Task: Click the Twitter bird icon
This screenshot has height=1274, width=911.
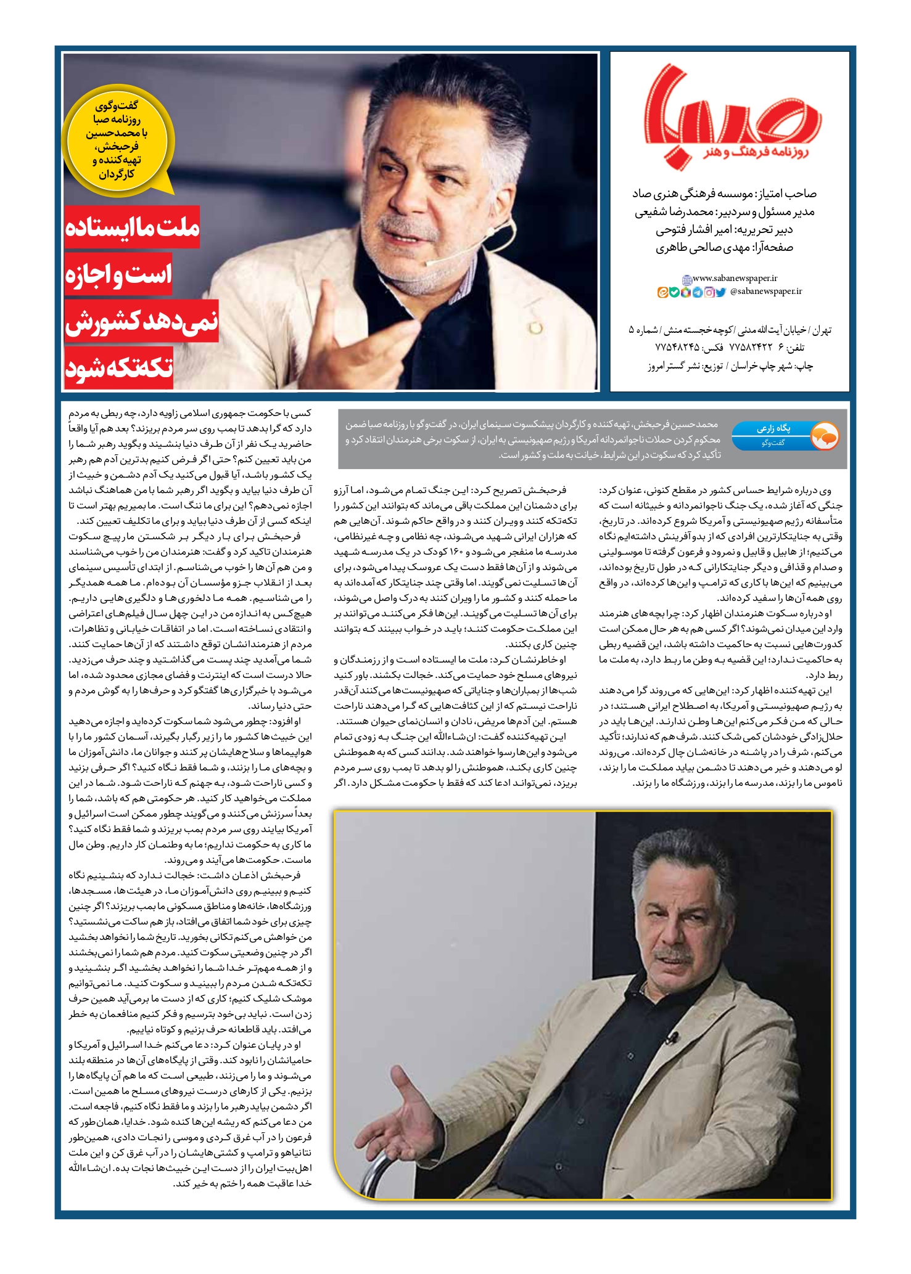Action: (720, 293)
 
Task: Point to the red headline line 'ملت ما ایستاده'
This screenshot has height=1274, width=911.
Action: (132, 227)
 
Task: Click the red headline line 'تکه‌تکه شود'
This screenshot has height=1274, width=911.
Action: (118, 368)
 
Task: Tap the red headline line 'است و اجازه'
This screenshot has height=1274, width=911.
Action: (118, 274)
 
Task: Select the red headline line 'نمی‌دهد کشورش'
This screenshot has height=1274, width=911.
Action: (141, 321)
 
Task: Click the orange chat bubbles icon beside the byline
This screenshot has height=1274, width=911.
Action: (824, 436)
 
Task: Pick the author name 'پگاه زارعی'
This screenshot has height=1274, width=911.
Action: (773, 428)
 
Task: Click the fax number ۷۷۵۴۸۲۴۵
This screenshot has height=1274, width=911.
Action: (677, 348)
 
